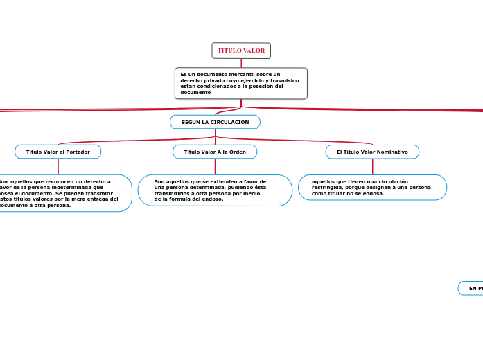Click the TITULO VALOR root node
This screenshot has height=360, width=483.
tap(241, 51)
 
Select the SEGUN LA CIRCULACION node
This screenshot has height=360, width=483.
tap(215, 122)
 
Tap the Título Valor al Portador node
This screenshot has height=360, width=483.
tap(58, 152)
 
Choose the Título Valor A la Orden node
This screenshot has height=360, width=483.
tap(215, 152)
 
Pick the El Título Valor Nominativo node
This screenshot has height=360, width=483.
tap(372, 152)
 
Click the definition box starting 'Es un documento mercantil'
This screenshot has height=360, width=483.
tap(241, 83)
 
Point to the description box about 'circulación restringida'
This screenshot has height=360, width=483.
tap(372, 187)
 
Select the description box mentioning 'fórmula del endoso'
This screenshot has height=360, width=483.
tap(215, 190)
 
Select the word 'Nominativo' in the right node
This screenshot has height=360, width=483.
tap(392, 152)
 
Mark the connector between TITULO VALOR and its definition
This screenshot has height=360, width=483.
tap(241, 63)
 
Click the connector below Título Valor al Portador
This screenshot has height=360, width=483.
tap(58, 166)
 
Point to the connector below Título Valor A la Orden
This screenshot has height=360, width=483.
tap(215, 166)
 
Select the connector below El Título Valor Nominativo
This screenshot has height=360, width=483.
tap(372, 166)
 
